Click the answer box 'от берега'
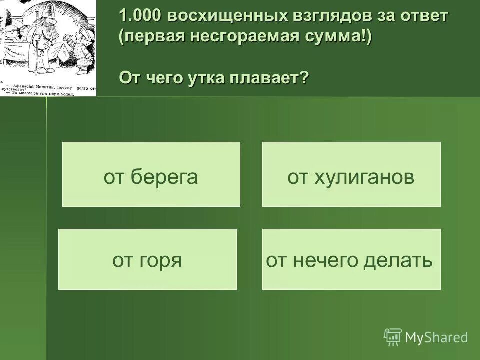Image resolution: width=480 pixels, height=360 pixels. (151, 174)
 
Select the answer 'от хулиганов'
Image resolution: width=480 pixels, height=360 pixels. (351, 174)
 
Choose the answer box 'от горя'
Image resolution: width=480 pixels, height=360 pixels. (147, 259)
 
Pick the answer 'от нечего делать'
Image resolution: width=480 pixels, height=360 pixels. (351, 259)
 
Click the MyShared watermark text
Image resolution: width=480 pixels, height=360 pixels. (436, 337)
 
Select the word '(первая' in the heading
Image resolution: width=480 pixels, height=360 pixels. (148, 38)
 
